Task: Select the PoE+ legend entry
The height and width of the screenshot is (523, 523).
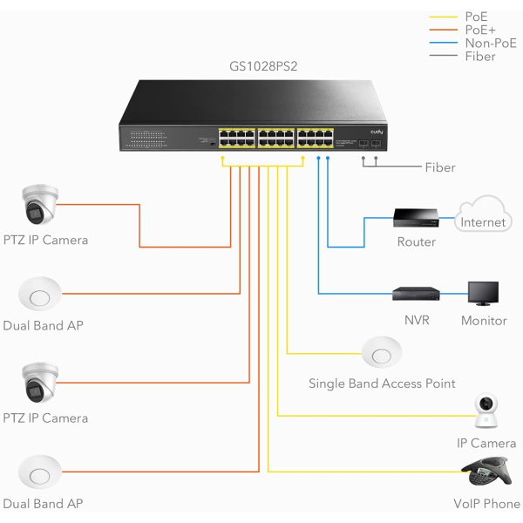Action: (479, 30)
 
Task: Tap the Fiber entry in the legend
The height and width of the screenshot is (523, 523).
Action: (480, 57)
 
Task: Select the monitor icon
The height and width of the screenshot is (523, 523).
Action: (483, 294)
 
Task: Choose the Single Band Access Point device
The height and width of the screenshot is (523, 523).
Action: (381, 354)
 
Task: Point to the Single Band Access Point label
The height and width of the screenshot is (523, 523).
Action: (382, 384)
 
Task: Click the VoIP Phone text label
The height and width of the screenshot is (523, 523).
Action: (486, 504)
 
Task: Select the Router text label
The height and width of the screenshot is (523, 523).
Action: (416, 241)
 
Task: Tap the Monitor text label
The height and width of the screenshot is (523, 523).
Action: (484, 321)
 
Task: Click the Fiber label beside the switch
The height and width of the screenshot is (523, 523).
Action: (439, 167)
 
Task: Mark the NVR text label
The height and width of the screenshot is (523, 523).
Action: (417, 321)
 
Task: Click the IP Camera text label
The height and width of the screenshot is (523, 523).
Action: (486, 444)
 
